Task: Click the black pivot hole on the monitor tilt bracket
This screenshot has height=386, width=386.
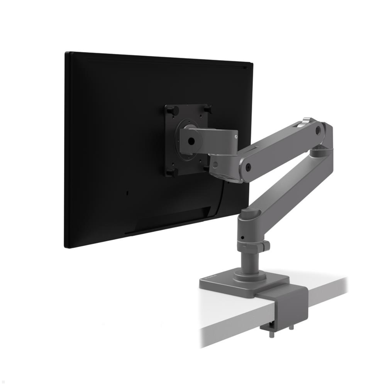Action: point(192,141)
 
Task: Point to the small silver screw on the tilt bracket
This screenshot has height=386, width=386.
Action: point(236,136)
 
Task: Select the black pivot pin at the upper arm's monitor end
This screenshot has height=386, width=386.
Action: point(248,167)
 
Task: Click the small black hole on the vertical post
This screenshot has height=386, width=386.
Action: point(244,238)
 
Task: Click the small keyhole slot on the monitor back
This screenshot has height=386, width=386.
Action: point(128,193)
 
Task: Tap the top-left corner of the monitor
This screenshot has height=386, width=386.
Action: point(66,53)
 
